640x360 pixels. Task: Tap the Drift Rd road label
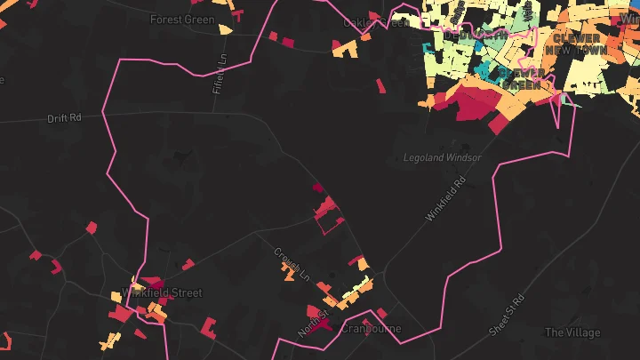(64, 117)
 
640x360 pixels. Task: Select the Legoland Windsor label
(442, 158)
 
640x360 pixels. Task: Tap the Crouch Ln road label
(290, 261)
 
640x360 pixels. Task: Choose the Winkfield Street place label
(162, 292)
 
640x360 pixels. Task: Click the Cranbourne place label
(372, 329)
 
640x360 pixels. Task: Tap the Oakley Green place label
(377, 22)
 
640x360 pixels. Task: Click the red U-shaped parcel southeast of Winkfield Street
(212, 327)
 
